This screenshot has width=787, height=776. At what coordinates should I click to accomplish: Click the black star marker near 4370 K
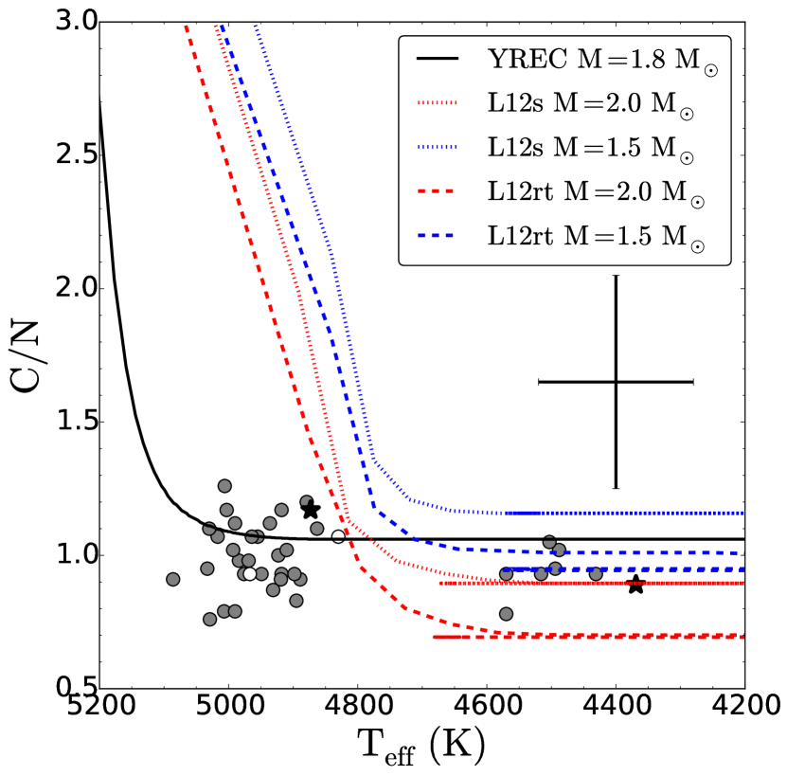[x=635, y=586]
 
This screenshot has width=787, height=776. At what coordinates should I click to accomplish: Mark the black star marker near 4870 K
[x=311, y=510]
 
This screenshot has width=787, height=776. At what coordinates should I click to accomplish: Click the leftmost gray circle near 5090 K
[x=172, y=579]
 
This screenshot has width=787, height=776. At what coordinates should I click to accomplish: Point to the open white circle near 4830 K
[x=338, y=536]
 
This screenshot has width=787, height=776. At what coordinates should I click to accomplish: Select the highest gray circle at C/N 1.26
[x=224, y=486]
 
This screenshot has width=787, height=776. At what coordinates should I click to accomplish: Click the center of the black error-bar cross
[x=616, y=382]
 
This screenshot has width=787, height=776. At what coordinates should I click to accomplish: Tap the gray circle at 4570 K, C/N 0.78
[x=506, y=614]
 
